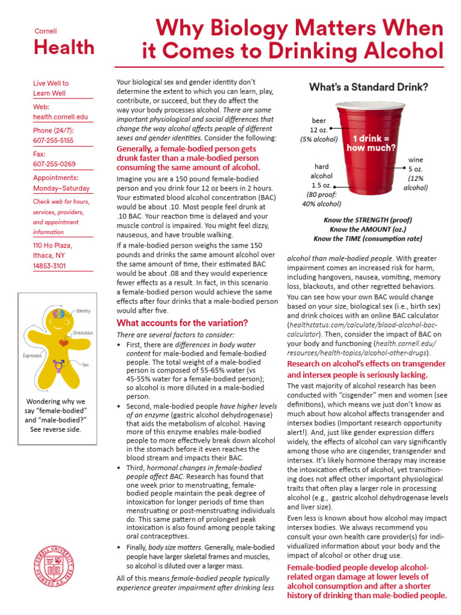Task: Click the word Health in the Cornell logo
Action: (x=64, y=47)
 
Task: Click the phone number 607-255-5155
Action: (x=54, y=140)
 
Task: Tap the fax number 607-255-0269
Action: (x=54, y=164)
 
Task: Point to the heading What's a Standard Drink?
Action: (x=369, y=88)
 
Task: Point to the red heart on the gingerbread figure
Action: (x=64, y=344)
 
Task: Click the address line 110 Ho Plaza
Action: (x=52, y=246)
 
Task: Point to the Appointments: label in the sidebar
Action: (x=55, y=177)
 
